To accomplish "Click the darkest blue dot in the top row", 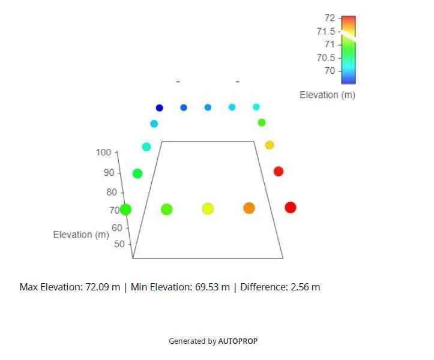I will (160, 108).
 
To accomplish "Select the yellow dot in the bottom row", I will (208, 209).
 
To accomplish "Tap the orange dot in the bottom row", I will (249, 208).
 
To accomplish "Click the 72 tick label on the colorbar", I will (330, 19).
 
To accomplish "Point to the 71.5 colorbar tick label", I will (326, 31).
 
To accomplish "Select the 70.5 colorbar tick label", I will (326, 58).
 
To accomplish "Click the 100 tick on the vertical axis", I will (103, 152).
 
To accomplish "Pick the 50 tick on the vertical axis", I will (119, 244).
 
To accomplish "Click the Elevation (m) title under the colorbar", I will (327, 95).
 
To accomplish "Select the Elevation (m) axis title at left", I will (81, 235).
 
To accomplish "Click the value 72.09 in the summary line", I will (97, 287).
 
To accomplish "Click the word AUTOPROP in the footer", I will (238, 341).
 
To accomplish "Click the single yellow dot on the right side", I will (270, 145).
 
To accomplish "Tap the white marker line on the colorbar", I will (348, 34).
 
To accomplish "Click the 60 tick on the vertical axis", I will (117, 228).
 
